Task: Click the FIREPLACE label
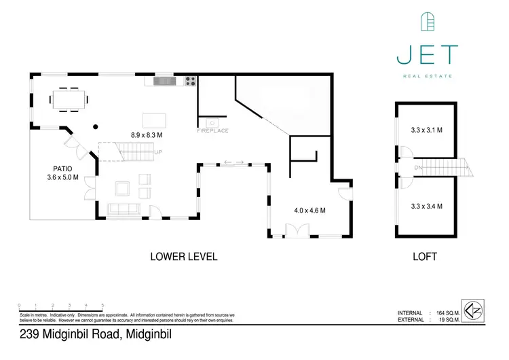tap(212, 129)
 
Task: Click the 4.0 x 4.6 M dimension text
tap(309, 210)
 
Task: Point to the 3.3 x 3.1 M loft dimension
tap(426, 130)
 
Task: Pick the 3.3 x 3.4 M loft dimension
tap(426, 204)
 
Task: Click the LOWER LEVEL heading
tap(183, 257)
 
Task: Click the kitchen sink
tap(164, 82)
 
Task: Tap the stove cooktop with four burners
tap(191, 82)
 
